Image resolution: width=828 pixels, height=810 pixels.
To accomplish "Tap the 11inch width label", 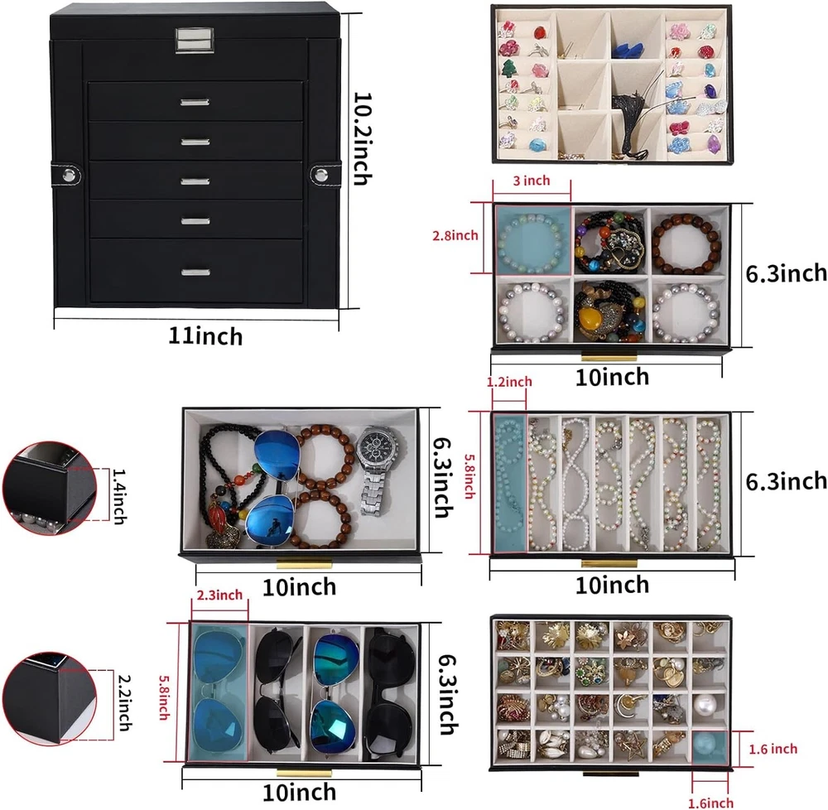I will (205, 336).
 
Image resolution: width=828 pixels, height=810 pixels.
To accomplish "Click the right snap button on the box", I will (320, 174).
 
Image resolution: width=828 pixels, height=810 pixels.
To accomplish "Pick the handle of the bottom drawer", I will (196, 272).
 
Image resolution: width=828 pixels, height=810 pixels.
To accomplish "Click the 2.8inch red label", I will (455, 236).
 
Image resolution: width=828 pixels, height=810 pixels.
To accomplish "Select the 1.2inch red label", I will (510, 382).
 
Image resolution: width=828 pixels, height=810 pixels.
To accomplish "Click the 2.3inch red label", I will (219, 595).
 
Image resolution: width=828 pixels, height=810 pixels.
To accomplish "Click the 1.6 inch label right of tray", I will (773, 749).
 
